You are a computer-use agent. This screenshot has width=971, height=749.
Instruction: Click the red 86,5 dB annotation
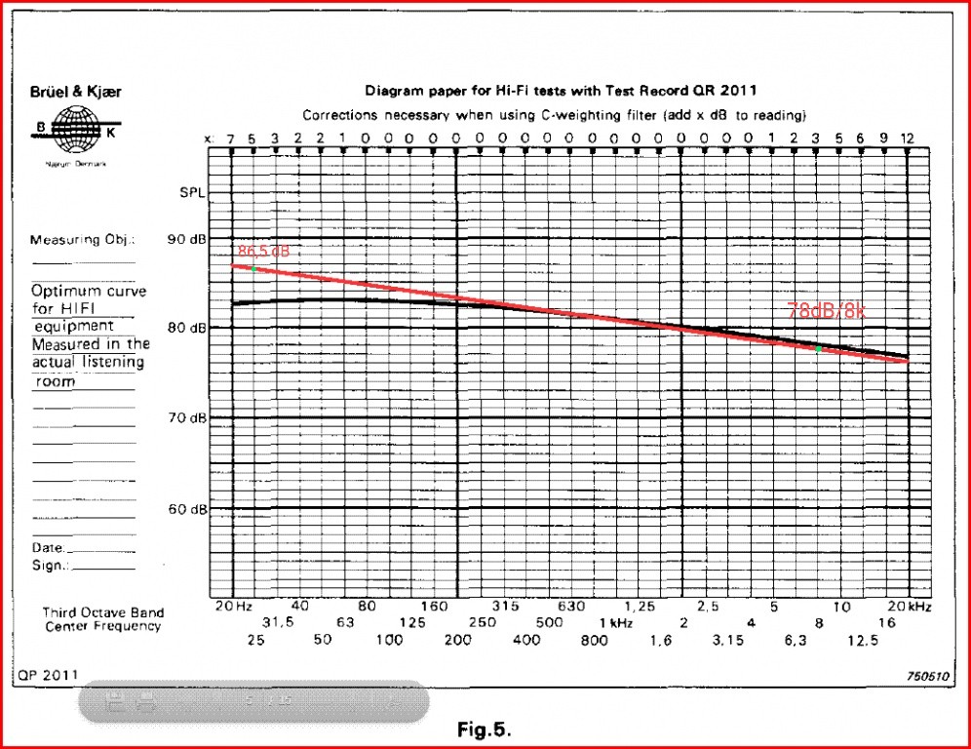[263, 252]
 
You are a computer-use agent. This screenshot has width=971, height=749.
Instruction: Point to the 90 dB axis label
[187, 239]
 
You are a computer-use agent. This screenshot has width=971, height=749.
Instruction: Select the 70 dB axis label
[187, 418]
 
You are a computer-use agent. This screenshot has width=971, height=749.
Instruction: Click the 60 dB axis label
[187, 509]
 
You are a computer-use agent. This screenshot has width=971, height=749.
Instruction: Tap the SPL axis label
[192, 192]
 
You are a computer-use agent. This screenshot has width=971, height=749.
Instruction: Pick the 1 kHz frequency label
[615, 623]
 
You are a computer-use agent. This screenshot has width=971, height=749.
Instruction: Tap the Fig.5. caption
[485, 729]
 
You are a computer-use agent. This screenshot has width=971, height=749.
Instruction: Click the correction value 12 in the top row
[907, 138]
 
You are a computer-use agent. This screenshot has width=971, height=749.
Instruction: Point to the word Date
[48, 549]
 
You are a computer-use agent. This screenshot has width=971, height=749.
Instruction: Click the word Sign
[48, 566]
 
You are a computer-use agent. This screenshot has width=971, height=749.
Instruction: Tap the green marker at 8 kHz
[818, 348]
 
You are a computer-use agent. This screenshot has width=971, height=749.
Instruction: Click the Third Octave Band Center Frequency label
[102, 619]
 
